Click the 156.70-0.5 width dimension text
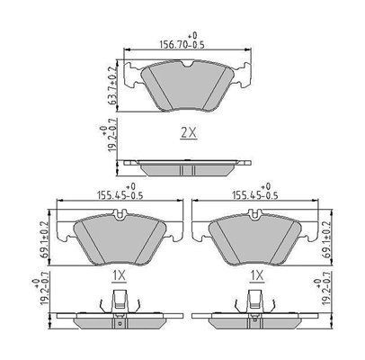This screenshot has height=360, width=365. click(x=183, y=40)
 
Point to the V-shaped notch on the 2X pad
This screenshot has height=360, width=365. click(x=188, y=65)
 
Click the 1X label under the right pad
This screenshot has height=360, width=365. click(x=255, y=274)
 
